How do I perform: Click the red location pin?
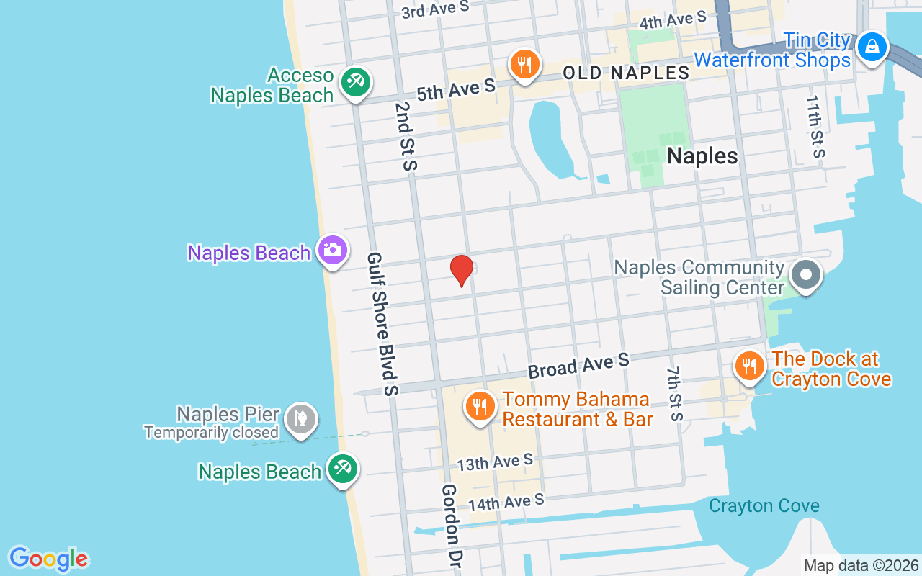pyautogui.click(x=462, y=270)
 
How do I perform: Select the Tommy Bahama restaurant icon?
pyautogui.click(x=479, y=406)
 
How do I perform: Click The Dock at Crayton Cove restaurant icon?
pyautogui.click(x=749, y=366)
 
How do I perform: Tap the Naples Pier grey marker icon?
pyautogui.click(x=300, y=418)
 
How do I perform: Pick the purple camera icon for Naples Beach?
pyautogui.click(x=333, y=250)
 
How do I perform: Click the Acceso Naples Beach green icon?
pyautogui.click(x=354, y=81)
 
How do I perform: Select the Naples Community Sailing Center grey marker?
pyautogui.click(x=806, y=274)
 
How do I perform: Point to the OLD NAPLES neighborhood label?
pyautogui.click(x=626, y=73)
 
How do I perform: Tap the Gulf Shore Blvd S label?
pyautogui.click(x=382, y=323)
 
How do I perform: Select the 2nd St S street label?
pyautogui.click(x=406, y=136)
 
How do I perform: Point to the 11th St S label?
pyautogui.click(x=815, y=127)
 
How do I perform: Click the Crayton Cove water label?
pyautogui.click(x=764, y=505)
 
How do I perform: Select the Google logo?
pyautogui.click(x=48, y=559)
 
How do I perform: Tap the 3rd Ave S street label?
pyautogui.click(x=435, y=9)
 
